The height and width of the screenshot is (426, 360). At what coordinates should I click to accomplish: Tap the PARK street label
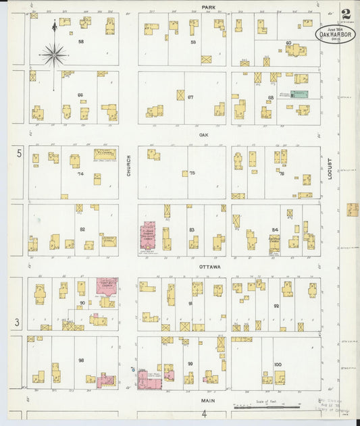(x=208, y=7)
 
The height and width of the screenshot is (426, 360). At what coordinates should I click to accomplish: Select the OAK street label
(x=203, y=134)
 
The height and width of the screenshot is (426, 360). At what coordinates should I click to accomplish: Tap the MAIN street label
(x=208, y=399)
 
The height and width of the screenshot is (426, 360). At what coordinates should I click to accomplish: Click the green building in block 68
(x=299, y=95)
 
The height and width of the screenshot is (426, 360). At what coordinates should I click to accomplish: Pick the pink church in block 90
(x=106, y=285)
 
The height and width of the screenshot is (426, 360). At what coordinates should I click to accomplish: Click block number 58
(x=81, y=42)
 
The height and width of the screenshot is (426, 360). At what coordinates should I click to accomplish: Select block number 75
(x=192, y=173)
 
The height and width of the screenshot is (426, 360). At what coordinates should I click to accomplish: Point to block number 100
(x=278, y=365)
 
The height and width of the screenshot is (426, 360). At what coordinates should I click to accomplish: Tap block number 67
(x=190, y=97)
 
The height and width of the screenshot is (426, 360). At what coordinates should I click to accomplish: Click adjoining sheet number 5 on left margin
(x=20, y=154)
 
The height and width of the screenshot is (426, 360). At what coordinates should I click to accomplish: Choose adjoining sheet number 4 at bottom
(x=202, y=413)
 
